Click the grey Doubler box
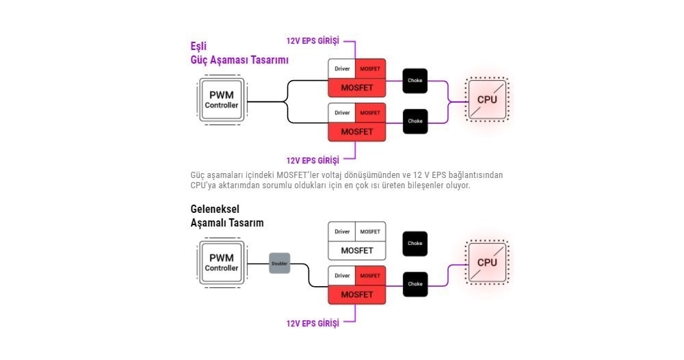click(x=280, y=263)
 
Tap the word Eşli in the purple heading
click(x=198, y=47)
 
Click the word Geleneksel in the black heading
click(x=215, y=209)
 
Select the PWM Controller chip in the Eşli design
click(x=222, y=100)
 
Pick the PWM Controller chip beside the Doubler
click(x=222, y=263)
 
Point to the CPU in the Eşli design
click(x=487, y=99)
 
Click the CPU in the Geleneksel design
click(x=487, y=262)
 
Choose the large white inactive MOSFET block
click(x=357, y=250)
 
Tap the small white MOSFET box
click(x=370, y=232)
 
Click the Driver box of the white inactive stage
click(x=342, y=232)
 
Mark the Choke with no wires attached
click(x=415, y=244)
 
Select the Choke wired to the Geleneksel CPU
click(x=415, y=284)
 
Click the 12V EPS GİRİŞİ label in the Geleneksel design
click(x=313, y=323)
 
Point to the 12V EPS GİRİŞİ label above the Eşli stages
click(x=313, y=41)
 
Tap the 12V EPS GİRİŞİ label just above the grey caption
click(x=313, y=161)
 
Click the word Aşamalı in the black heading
click(x=209, y=223)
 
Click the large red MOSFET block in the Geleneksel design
click(x=357, y=295)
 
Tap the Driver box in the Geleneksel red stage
click(x=342, y=276)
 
